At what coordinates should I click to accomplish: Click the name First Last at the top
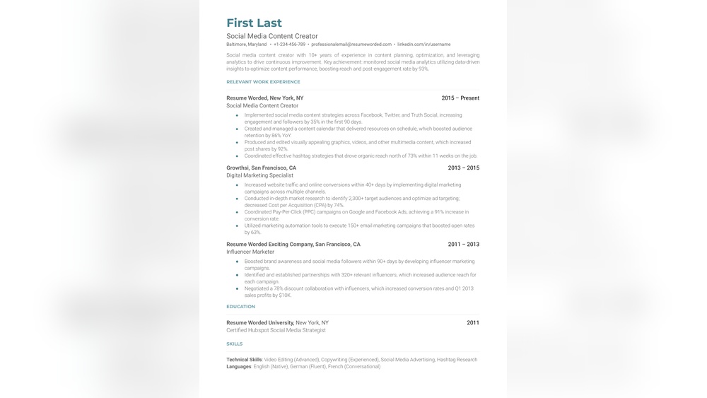pos(254,23)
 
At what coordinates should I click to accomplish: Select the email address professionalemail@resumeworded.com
pos(351,45)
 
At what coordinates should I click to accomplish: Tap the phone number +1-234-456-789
pos(289,45)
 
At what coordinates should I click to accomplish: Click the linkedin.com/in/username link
pos(423,45)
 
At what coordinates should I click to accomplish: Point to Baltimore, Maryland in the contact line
pos(247,45)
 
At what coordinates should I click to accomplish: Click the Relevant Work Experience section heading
pos(263,82)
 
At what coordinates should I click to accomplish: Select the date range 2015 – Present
pos(460,98)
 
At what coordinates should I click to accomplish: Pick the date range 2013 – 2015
pos(463,168)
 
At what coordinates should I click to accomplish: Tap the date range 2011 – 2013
pos(463,245)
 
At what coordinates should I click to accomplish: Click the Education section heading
pos(240,307)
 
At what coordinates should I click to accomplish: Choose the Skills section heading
pos(234,344)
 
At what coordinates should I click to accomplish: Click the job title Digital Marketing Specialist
pos(259,175)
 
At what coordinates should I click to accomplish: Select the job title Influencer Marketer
pos(250,252)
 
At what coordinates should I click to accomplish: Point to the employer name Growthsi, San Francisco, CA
pos(261,168)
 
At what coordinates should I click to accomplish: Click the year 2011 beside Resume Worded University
pos(472,323)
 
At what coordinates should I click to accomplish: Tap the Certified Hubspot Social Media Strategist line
pos(276,330)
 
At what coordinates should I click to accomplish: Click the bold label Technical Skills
pos(244,360)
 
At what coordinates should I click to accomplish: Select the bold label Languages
pos(238,367)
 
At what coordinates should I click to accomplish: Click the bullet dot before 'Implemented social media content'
pos(237,115)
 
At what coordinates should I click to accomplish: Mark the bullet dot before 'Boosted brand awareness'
pos(237,262)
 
